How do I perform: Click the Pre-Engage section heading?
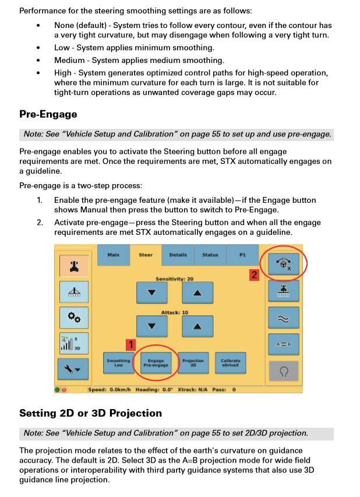48,114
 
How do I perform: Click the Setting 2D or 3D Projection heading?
90,413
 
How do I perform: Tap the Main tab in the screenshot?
113,255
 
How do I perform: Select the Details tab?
178,255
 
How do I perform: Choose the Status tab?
210,255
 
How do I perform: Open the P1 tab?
243,255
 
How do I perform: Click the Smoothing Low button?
118,363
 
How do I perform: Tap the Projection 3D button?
193,363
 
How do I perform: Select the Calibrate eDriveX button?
230,363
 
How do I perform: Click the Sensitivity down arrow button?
152,292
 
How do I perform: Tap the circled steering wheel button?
283,264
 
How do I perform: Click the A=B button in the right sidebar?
283,344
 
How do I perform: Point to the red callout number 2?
254,274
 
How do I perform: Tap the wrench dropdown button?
74,369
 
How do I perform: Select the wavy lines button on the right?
283,318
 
